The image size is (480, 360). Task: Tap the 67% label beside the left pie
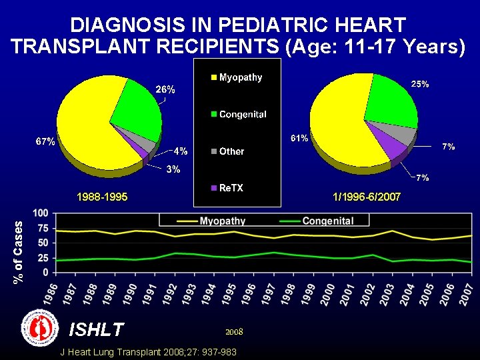[45, 142]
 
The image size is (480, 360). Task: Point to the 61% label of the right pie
[299, 139]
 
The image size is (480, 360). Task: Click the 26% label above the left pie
[165, 89]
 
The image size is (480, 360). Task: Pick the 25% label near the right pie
[419, 85]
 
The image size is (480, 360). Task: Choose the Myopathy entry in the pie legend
[235, 77]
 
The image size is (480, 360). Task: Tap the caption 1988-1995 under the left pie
[101, 197]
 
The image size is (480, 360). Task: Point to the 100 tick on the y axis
[41, 213]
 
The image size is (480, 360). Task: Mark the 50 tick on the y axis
[43, 243]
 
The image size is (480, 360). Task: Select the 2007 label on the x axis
[468, 294]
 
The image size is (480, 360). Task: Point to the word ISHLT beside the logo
[97, 329]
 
